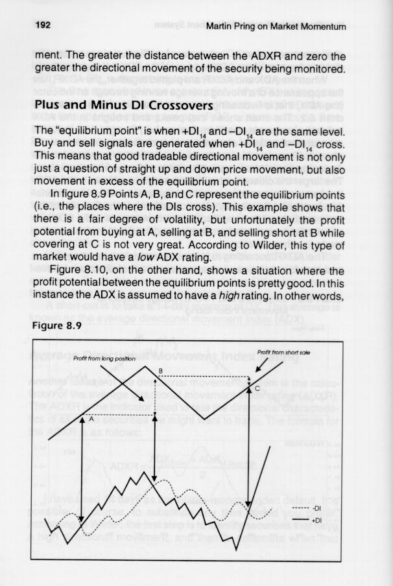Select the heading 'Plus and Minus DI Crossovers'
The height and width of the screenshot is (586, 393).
click(x=124, y=105)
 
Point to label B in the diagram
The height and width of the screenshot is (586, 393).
click(x=160, y=370)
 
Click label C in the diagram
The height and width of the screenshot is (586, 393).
click(x=257, y=388)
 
